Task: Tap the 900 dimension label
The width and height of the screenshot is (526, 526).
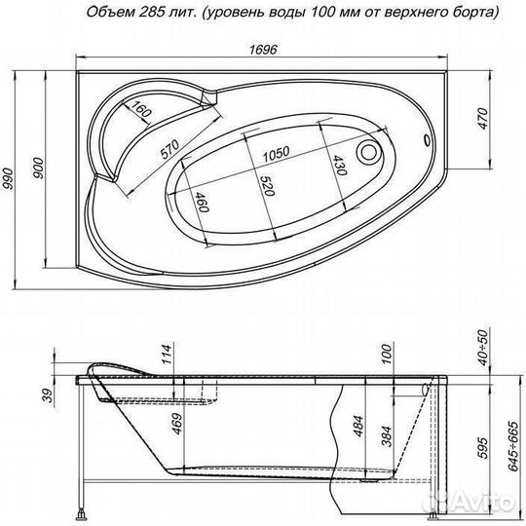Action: point(37,168)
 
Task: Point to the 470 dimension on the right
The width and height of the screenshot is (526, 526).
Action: point(494,119)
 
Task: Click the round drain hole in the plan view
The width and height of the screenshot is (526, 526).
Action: point(371,153)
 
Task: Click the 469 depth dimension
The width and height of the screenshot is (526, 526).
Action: point(167,428)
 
